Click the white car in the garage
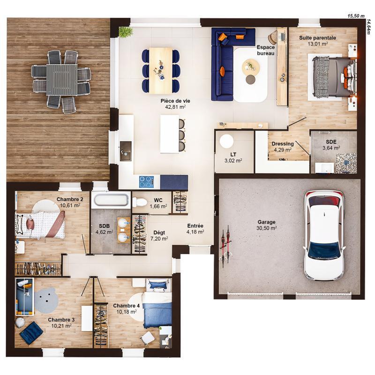click(324, 234)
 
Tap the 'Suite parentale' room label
click(318, 37)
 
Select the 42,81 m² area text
click(175, 107)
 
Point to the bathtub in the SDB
click(110, 200)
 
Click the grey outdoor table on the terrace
click(61, 79)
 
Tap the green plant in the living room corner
click(125, 32)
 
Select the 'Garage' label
click(266, 222)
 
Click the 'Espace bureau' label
click(266, 50)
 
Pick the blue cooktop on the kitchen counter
click(146, 181)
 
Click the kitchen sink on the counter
click(126, 151)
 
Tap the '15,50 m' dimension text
click(356, 15)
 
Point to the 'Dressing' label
click(283, 144)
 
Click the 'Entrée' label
click(195, 225)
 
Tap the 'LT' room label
click(233, 154)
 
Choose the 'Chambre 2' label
click(70, 199)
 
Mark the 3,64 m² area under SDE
click(331, 148)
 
